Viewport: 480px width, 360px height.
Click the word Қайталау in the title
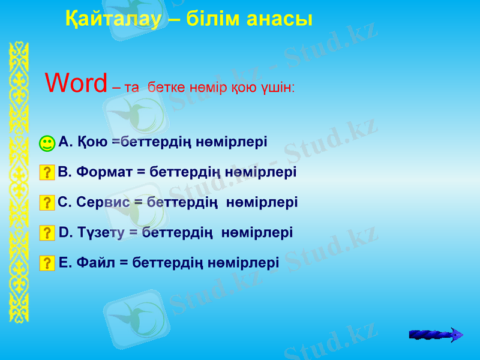(x=113, y=19)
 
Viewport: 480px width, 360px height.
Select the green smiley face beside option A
(x=47, y=143)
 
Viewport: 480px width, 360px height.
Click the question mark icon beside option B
(x=47, y=173)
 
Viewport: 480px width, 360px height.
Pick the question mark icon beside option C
(x=47, y=203)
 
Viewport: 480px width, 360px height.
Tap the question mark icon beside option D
(x=47, y=232)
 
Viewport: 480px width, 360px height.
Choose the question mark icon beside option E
(x=47, y=262)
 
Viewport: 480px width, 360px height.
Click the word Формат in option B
(x=104, y=172)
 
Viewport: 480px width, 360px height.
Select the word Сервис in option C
(x=104, y=202)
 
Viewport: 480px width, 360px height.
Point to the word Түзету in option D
(x=101, y=232)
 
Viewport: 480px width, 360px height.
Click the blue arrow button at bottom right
(x=436, y=335)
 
